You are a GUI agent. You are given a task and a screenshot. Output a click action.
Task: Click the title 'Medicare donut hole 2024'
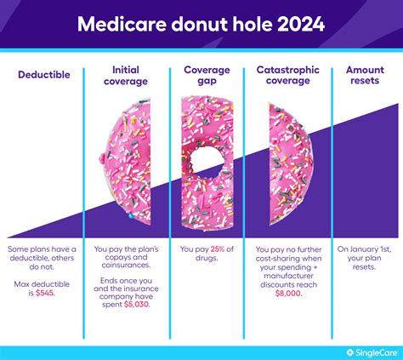[x=201, y=23]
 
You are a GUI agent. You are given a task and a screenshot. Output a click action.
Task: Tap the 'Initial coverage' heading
[x=125, y=75]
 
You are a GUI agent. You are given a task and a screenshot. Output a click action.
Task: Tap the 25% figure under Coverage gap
[x=218, y=249]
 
